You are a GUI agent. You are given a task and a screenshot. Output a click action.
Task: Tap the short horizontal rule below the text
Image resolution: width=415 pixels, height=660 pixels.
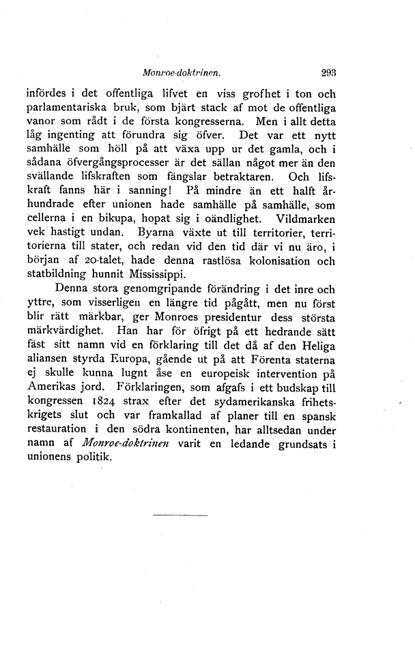coord(180,515)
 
